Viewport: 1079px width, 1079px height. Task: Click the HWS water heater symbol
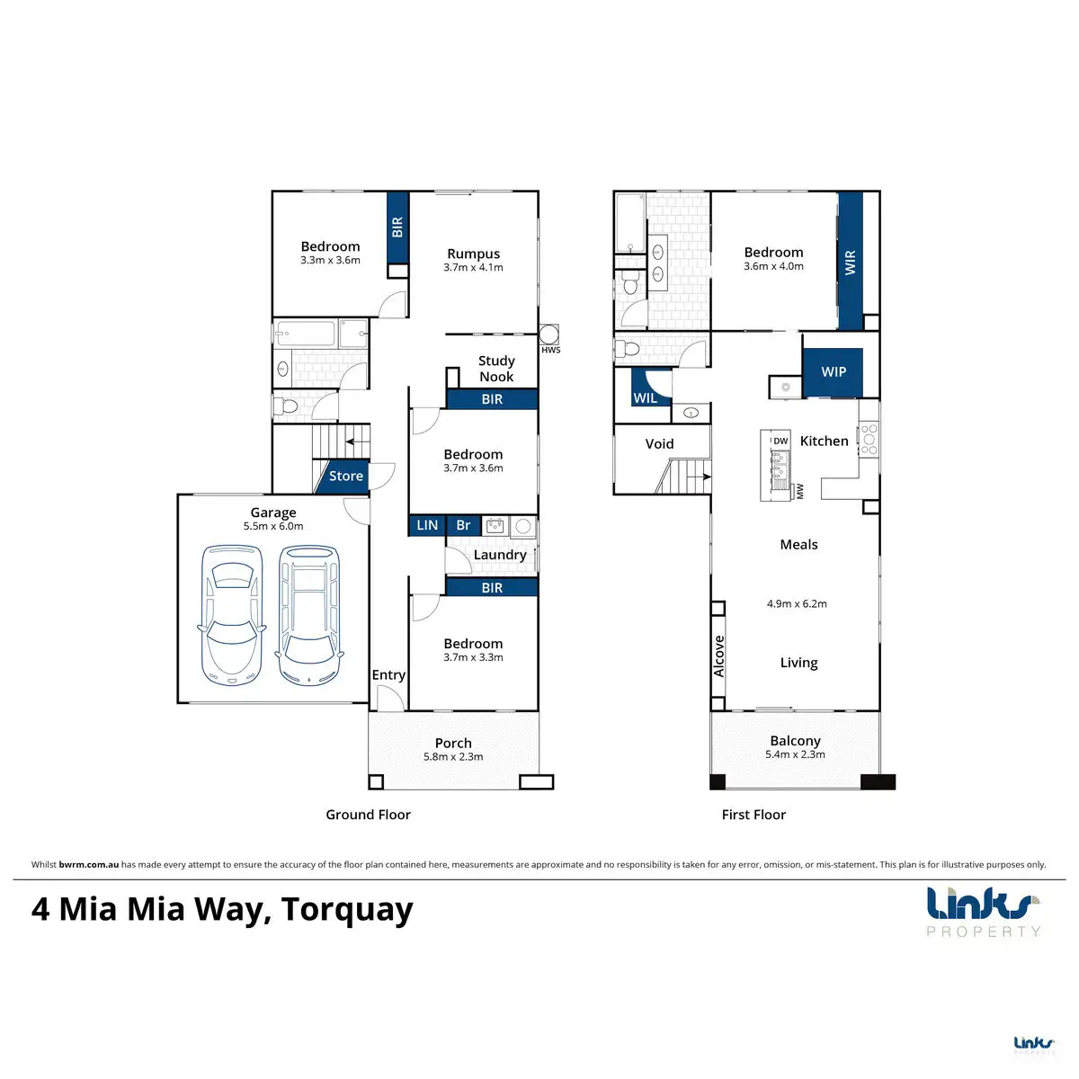point(548,334)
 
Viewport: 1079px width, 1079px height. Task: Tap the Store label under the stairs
point(345,476)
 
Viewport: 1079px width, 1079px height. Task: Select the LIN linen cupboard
point(427,525)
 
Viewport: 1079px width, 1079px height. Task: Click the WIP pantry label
point(834,371)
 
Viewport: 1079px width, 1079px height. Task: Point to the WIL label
point(645,398)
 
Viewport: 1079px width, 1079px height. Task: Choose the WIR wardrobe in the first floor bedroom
point(850,262)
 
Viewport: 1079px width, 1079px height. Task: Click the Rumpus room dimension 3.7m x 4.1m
point(473,268)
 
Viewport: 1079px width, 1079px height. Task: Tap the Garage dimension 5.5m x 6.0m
point(273,526)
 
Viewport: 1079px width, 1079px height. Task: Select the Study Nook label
point(496,369)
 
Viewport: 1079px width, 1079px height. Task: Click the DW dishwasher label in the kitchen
point(780,441)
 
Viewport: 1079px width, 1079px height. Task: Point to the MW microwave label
point(799,492)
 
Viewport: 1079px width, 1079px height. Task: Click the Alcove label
point(719,656)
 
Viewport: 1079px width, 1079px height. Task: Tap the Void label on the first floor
point(659,444)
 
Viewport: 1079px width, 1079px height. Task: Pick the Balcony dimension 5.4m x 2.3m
point(795,754)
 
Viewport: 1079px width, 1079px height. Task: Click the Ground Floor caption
point(368,815)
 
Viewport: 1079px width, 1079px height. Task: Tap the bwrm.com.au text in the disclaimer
point(88,864)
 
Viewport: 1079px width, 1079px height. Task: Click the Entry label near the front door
point(388,675)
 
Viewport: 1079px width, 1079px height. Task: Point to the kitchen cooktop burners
point(869,440)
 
